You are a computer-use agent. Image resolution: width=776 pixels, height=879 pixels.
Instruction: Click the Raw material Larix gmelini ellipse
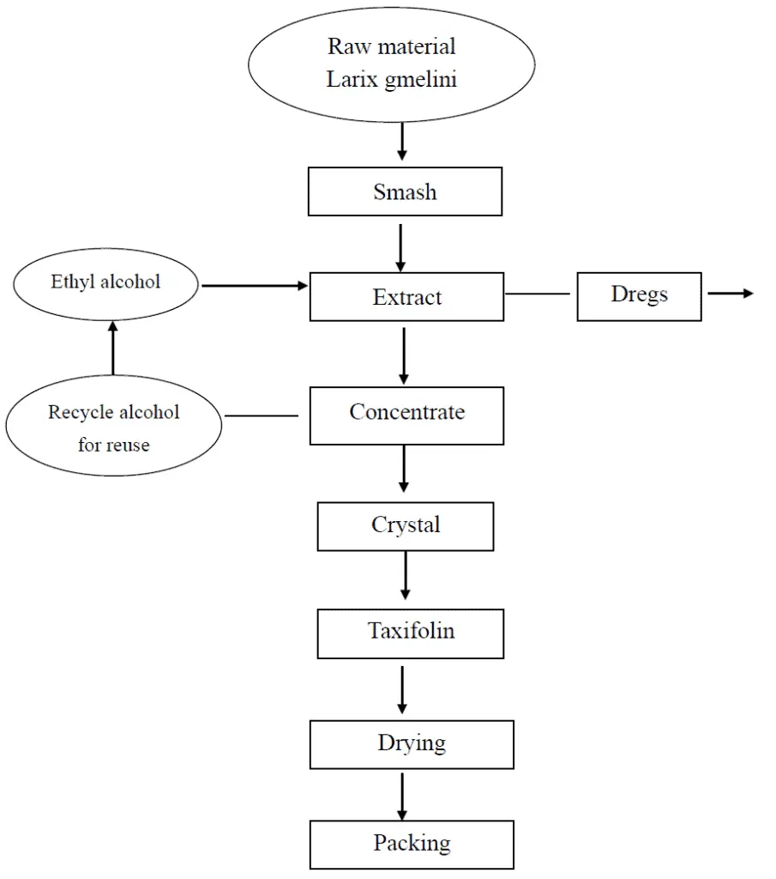392,64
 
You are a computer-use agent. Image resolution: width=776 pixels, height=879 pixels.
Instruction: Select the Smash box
405,192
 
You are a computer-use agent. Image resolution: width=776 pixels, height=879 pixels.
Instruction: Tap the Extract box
406,298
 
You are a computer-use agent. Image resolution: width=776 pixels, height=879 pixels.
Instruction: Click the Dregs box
639,296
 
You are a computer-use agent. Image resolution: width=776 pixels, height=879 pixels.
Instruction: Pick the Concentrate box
406,415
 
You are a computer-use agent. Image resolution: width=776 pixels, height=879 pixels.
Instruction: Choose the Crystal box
406,526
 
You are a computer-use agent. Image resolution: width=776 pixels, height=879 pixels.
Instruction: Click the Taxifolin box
411,633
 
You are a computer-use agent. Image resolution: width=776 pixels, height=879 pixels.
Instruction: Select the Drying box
412,744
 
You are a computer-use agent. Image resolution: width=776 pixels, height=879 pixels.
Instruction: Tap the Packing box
412,845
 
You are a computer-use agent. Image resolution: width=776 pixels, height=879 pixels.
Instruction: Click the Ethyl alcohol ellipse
105,283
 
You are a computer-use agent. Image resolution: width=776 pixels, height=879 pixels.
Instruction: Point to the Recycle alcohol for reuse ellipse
113,427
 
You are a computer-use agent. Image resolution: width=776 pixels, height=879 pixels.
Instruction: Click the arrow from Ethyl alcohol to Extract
254,286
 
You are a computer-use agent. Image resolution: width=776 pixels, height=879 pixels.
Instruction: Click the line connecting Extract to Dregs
538,294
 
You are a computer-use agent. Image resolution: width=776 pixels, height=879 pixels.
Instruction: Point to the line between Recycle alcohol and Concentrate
261,416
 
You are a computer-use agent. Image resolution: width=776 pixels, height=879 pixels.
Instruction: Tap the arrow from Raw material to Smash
402,142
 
